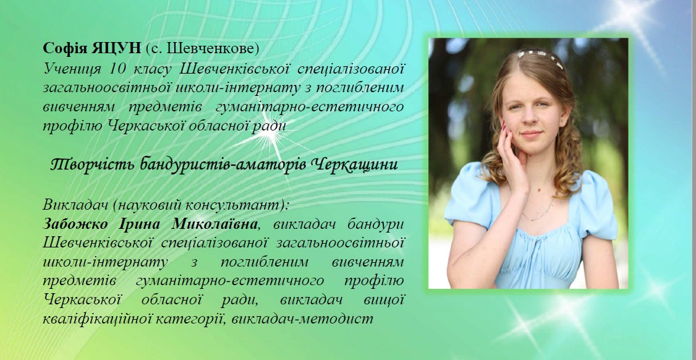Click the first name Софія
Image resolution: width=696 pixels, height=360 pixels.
[x=66, y=48]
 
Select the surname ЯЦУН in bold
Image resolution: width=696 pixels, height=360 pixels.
[x=116, y=48]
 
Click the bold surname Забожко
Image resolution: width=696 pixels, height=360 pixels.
[x=75, y=225]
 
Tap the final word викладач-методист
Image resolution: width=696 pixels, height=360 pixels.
[x=302, y=319]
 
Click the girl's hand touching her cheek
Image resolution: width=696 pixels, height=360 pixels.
[x=512, y=158]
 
